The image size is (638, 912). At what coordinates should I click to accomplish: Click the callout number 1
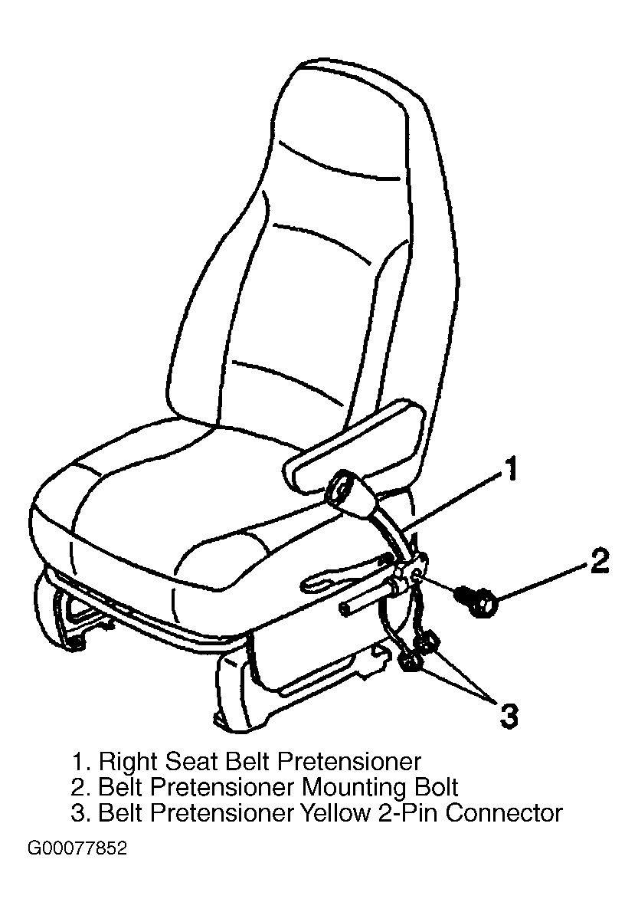(x=509, y=469)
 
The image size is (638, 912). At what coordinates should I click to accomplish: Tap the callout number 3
(x=509, y=715)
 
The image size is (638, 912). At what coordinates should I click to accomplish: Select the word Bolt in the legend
(x=436, y=787)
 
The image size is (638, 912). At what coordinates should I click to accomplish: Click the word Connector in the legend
(x=504, y=812)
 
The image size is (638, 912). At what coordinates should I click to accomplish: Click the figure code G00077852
(x=77, y=849)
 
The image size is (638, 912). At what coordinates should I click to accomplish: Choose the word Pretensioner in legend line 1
(x=348, y=761)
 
